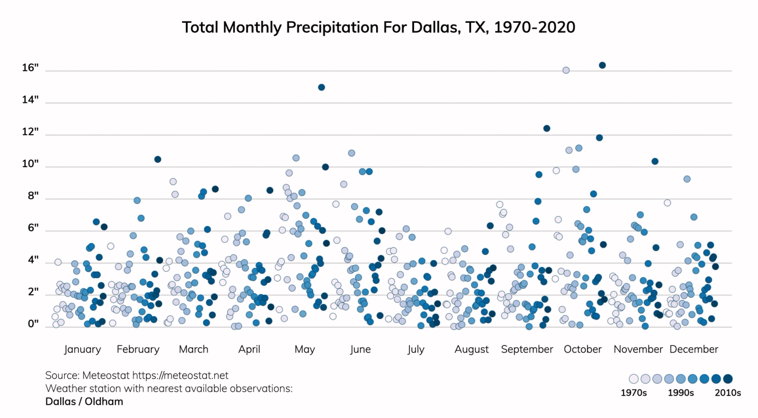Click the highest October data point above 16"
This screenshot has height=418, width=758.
602,65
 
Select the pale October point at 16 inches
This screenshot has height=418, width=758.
566,70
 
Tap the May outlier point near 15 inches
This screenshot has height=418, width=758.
321,87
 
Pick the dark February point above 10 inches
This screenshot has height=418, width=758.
158,159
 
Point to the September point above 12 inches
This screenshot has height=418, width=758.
547,128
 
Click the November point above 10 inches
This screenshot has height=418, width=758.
655,161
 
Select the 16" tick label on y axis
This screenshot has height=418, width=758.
30,68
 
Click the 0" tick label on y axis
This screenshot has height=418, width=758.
33,324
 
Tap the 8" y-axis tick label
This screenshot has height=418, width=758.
33,196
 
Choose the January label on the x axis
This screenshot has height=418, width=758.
82,349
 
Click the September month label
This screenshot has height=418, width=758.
527,349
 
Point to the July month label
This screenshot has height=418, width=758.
415,349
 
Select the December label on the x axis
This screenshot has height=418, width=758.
694,349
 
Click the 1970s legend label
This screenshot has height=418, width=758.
633,393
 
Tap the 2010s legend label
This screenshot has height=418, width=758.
728,393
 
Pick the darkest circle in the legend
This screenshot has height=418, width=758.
728,379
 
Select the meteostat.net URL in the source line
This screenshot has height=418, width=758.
180,375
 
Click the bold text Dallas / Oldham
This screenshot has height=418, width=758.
84,401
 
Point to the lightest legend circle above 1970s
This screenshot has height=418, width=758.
633,379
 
